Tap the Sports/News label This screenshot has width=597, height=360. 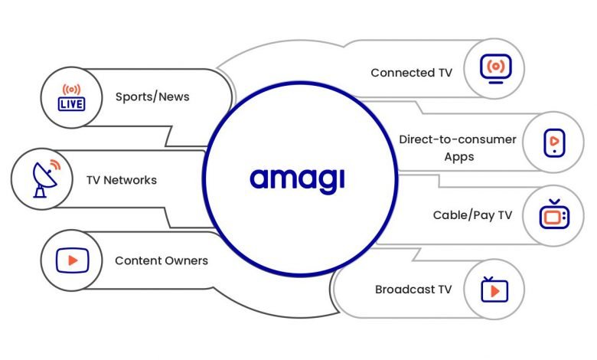coord(152,97)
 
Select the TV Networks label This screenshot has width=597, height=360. coord(121,181)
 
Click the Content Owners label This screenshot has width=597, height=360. coord(161,261)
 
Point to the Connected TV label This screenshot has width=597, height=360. coord(411,73)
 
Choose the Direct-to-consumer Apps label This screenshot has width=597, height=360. coord(458,148)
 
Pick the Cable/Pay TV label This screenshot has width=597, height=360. coord(472,215)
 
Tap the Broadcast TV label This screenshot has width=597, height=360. coord(413,290)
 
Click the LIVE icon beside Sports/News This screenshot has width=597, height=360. coord(72,97)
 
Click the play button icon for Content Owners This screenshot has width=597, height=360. coord(72,260)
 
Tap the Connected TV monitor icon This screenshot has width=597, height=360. coord(496,68)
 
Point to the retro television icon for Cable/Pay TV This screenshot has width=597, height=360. coord(553,215)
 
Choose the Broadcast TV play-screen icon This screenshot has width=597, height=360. coord(494,290)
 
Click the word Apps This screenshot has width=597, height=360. coord(459,157)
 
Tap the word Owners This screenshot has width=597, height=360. coord(186,261)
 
